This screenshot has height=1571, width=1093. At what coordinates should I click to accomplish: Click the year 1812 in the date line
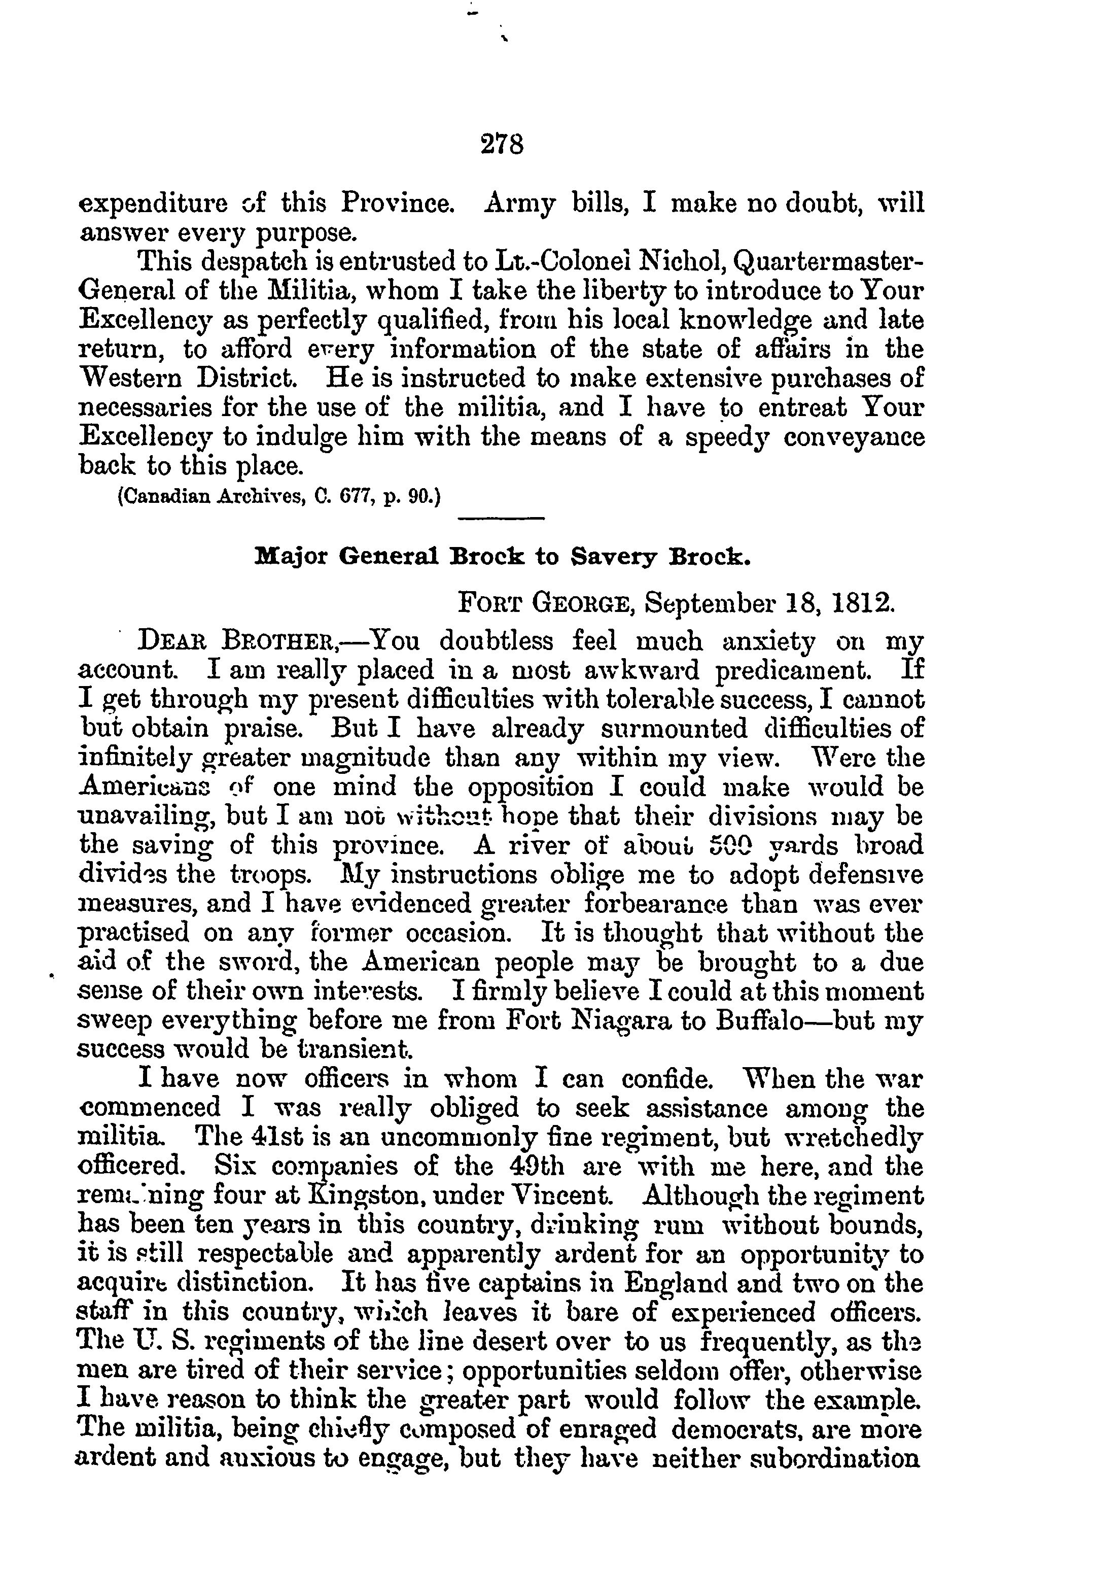(x=864, y=603)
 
